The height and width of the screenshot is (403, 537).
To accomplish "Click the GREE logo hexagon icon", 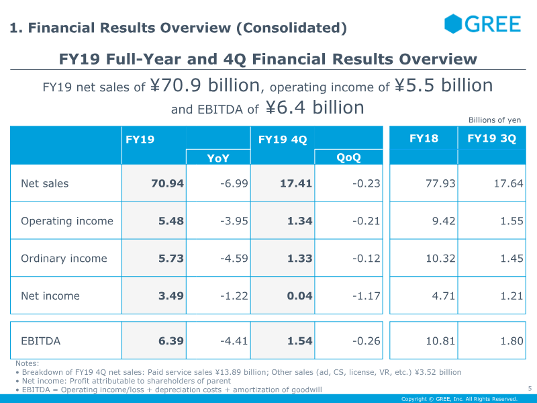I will point(454,24).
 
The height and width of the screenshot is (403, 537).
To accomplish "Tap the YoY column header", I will point(218,158).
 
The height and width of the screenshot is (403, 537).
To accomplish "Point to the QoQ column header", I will point(348,158).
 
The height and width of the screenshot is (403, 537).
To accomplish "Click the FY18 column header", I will point(424,139).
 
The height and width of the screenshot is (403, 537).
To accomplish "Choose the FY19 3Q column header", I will point(491,139).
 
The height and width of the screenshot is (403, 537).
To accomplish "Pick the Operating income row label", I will point(67,221).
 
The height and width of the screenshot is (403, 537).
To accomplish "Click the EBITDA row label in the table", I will point(40,341).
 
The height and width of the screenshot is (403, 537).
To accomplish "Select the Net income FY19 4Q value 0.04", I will point(300,296).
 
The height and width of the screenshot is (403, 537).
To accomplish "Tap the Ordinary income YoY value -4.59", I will point(234,259).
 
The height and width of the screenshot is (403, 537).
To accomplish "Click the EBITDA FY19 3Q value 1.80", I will point(511,341).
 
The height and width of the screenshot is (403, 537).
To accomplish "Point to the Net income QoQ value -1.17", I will point(366,296).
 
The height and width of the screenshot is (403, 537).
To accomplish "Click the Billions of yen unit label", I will point(495,120).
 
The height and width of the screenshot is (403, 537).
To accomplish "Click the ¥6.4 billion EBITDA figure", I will point(315,107).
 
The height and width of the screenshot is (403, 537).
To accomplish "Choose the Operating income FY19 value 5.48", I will point(170,221).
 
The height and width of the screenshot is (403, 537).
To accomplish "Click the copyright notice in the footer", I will point(459,399).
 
